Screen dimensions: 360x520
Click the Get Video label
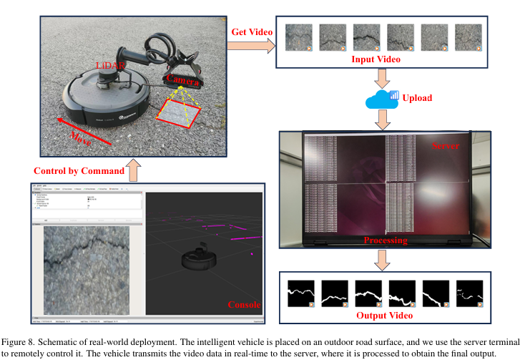click(250, 33)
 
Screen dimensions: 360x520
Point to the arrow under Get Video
click(250, 47)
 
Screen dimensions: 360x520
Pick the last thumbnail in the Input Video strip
click(469, 37)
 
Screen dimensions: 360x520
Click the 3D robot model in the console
click(197, 260)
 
